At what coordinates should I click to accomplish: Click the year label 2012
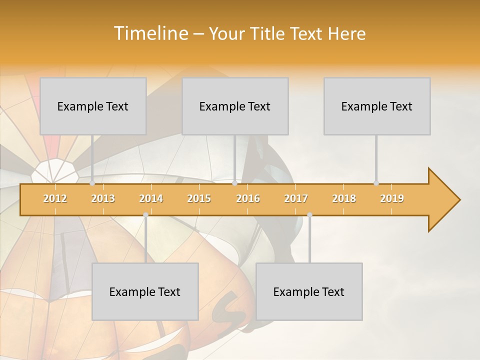(55, 198)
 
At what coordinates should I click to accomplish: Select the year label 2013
(103, 198)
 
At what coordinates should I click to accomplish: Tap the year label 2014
(151, 198)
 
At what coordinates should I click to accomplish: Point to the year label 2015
(199, 198)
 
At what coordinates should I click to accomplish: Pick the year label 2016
(248, 198)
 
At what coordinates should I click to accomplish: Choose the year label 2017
(296, 198)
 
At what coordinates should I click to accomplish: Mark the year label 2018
(344, 198)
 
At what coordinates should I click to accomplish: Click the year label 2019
(392, 198)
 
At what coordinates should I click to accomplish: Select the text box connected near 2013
(93, 106)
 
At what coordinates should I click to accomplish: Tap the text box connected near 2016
(235, 106)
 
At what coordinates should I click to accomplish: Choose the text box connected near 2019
(377, 106)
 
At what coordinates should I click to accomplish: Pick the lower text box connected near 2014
(145, 291)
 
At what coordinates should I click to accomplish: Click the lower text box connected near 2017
(309, 291)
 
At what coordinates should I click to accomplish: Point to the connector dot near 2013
(92, 183)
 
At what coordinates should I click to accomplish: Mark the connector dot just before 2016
(234, 183)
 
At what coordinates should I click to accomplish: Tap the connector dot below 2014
(145, 215)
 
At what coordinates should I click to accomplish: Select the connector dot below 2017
(309, 215)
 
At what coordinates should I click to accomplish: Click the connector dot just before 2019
(376, 183)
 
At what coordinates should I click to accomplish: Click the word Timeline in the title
(150, 33)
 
